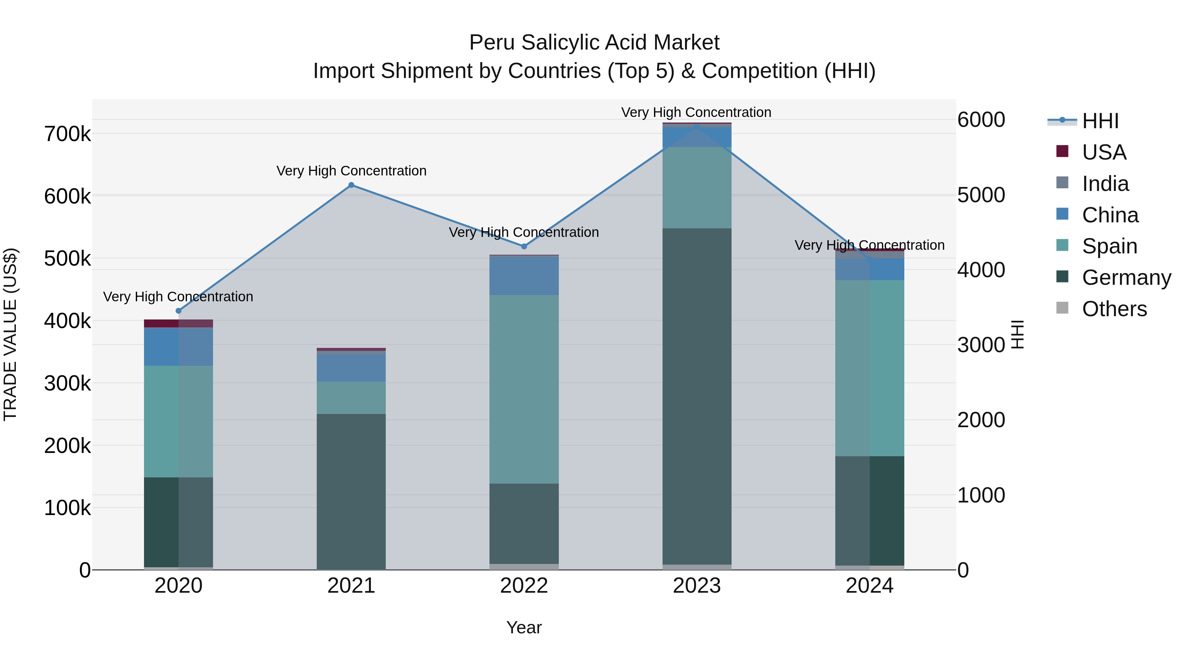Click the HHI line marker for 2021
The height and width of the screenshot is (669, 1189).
[351, 185]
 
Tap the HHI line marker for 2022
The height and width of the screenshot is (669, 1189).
[524, 246]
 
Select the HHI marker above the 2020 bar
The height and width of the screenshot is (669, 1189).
[179, 311]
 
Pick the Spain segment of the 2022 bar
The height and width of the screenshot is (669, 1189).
[524, 389]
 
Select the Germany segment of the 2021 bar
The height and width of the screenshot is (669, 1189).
[351, 491]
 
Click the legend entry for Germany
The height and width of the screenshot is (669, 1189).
[1126, 278]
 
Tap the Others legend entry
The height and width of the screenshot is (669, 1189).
[1114, 309]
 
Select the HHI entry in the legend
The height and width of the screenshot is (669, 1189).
[1099, 121]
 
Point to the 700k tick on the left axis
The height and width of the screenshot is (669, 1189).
[67, 134]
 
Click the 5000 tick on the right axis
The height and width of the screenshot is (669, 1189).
[981, 195]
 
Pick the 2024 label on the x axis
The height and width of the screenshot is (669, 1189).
[869, 586]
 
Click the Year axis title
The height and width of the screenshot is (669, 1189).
[524, 627]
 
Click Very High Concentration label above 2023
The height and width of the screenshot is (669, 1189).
[696, 112]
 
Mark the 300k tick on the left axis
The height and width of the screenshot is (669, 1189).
[67, 383]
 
